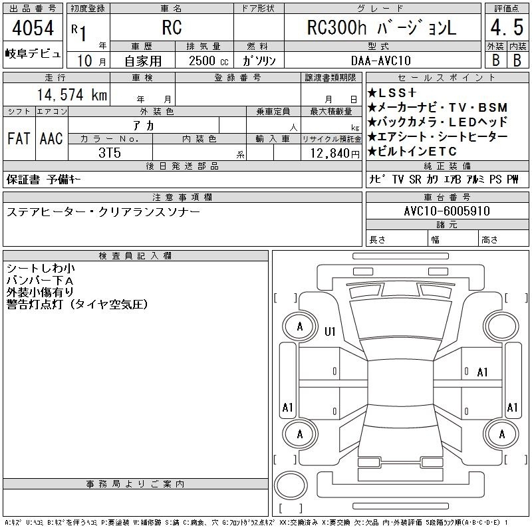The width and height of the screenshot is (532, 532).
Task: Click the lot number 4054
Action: tap(33, 28)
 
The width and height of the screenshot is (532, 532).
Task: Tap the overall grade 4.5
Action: tap(507, 27)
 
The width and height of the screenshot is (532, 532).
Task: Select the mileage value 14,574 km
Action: tap(72, 94)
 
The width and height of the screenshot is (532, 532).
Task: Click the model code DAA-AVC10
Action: tap(380, 61)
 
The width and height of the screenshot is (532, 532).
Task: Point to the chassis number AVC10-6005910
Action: tap(447, 211)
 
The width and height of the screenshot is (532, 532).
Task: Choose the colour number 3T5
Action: tap(110, 153)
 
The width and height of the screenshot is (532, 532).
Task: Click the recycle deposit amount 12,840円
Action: tap(335, 153)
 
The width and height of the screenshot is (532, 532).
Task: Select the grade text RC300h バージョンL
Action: tap(381, 27)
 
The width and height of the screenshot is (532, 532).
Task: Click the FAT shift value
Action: tap(19, 138)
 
